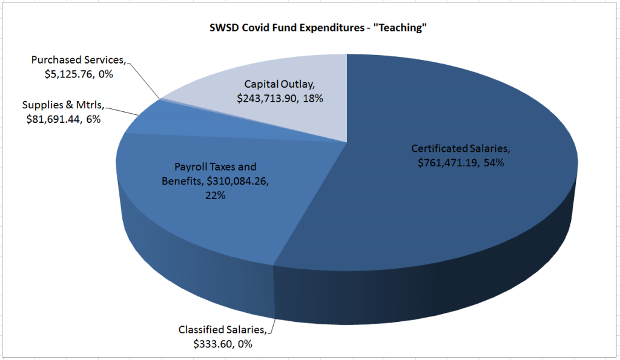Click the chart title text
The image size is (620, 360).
[x=310, y=28]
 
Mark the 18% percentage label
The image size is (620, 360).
[x=314, y=97]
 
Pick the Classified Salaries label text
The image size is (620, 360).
[x=221, y=330]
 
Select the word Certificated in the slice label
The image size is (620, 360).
[x=440, y=148]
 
